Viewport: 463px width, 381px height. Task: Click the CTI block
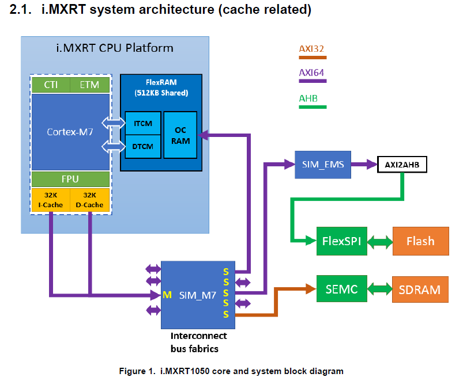pos(50,85)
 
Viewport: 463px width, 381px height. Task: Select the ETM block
pos(89,85)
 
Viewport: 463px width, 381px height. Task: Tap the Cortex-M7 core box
pos(70,132)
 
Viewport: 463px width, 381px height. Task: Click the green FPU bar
pos(70,178)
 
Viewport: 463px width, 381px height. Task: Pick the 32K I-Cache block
pos(51,199)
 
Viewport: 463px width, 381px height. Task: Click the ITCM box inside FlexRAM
pos(142,124)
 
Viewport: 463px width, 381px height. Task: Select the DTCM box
pos(142,146)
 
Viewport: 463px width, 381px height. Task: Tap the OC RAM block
pos(180,135)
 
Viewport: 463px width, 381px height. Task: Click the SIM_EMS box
pos(322,164)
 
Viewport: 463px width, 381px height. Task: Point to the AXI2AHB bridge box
pos(402,165)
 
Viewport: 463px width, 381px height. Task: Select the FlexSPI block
pos(341,241)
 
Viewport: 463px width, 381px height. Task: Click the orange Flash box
pos(420,241)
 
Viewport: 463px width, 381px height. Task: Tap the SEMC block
pos(341,289)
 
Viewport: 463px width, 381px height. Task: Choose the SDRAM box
pos(420,289)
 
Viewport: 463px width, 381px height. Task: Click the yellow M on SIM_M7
pos(167,295)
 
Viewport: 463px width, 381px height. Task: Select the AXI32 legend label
pos(312,48)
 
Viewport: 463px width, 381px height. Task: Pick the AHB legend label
pos(308,98)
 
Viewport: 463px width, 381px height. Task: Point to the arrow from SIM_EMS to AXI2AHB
pos(363,165)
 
